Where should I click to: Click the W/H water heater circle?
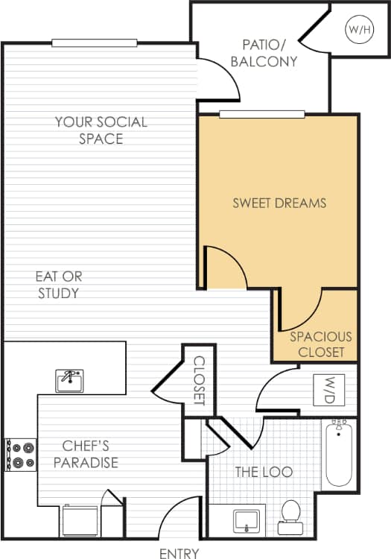[356, 30]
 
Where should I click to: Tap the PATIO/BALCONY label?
[264, 53]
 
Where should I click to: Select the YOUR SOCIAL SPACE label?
[101, 130]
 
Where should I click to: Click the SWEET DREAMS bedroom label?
[279, 203]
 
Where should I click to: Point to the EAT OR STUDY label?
[58, 285]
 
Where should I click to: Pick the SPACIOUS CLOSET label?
[321, 344]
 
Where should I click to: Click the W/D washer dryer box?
[328, 389]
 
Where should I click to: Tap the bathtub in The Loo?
[339, 452]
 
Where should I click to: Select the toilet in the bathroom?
[290, 516]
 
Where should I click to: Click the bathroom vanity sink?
[245, 519]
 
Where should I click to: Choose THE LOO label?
[264, 472]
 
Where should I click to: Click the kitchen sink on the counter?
[69, 379]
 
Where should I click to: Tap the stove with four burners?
[21, 455]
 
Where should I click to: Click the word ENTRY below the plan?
[179, 553]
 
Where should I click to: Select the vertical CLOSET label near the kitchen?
[199, 380]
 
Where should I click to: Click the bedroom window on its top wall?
[262, 114]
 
